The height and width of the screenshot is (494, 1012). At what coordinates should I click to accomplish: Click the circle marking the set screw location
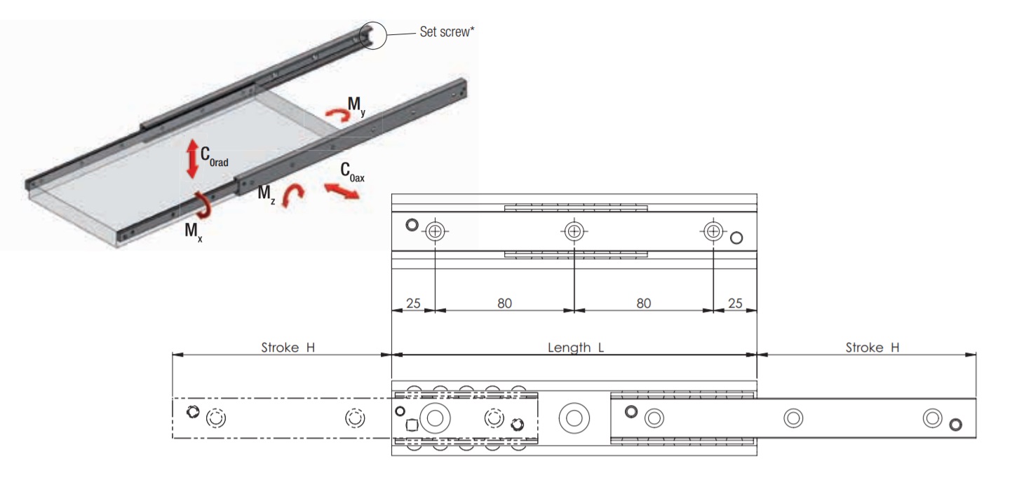(x=375, y=35)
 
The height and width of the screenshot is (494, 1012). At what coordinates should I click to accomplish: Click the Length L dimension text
(x=574, y=347)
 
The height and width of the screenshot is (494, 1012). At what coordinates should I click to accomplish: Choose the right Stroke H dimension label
(x=872, y=347)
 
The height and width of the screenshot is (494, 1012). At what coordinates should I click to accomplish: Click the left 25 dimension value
(x=412, y=303)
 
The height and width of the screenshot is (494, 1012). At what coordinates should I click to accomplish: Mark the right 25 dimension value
(x=735, y=303)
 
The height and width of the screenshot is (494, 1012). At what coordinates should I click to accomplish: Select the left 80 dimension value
(x=504, y=303)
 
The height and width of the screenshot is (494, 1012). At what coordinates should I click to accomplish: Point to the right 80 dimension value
(x=643, y=303)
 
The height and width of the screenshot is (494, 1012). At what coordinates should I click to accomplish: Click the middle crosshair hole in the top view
(x=574, y=231)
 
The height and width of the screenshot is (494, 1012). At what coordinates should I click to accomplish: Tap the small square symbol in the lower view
(x=412, y=425)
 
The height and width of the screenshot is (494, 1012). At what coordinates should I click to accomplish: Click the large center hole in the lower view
(x=574, y=419)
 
